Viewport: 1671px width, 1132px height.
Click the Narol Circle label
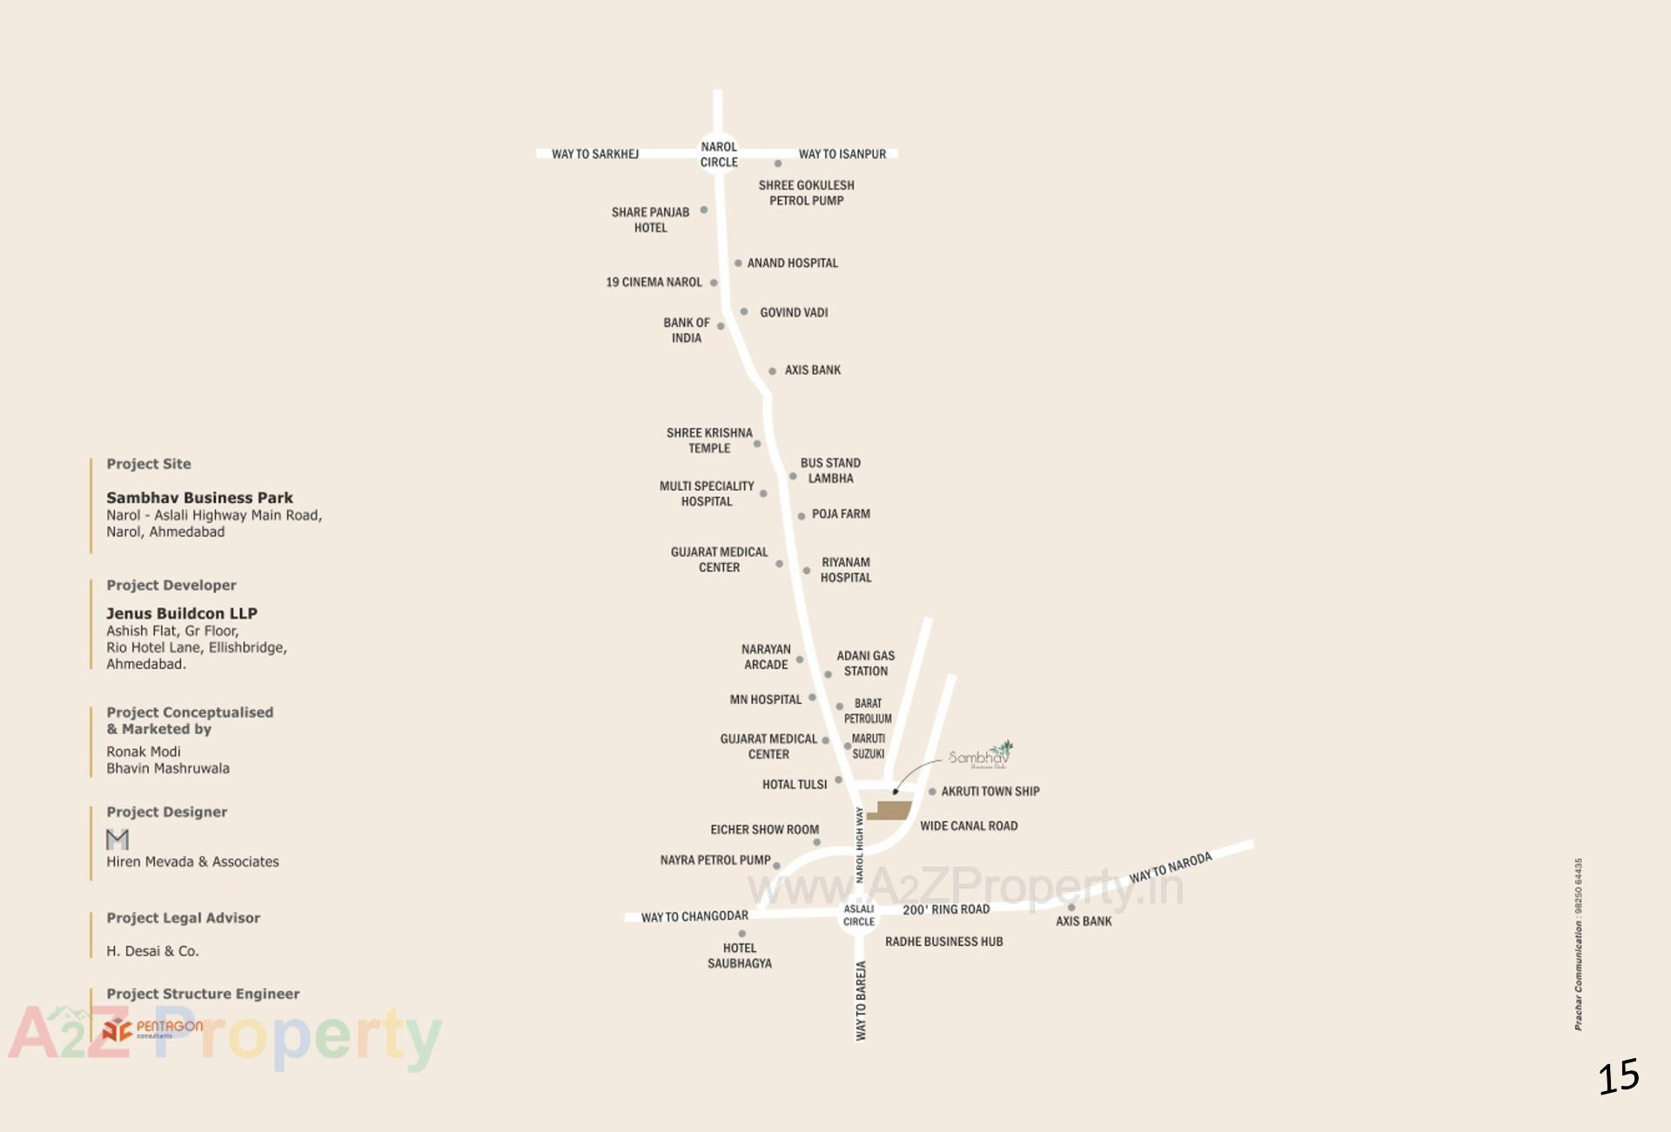[719, 154]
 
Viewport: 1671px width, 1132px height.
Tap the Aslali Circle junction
[858, 915]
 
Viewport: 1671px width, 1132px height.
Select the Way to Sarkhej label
[595, 154]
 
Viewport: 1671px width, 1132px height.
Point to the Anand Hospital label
[792, 263]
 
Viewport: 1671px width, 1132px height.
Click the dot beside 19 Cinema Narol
[714, 283]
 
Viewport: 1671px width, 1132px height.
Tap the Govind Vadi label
[794, 312]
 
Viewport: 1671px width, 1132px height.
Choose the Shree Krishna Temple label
[709, 440]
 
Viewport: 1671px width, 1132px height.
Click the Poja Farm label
[841, 514]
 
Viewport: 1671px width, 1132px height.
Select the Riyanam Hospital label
[845, 570]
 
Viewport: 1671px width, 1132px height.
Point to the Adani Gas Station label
[865, 663]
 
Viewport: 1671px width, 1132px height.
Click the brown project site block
[890, 811]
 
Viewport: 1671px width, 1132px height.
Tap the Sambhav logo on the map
[981, 755]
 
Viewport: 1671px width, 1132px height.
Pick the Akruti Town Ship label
[990, 791]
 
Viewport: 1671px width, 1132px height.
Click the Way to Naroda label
[1171, 867]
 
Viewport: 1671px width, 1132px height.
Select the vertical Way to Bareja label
[861, 1001]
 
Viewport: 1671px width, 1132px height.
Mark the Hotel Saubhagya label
[740, 955]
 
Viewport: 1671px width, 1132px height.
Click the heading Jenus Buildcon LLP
[182, 613]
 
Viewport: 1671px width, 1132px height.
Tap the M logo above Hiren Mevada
[117, 839]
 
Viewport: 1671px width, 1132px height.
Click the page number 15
[1618, 1077]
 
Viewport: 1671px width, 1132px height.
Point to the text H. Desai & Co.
[152, 951]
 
